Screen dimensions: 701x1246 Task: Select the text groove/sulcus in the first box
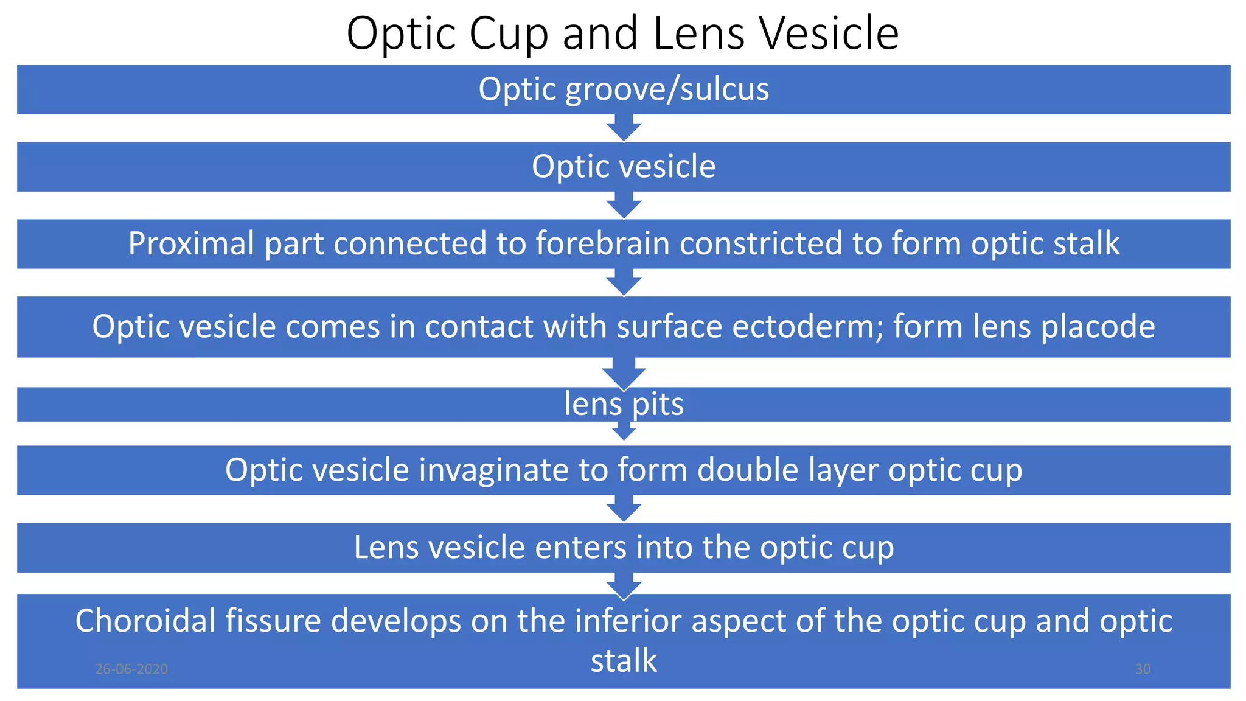click(x=667, y=90)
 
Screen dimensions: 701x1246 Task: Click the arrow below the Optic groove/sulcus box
click(x=624, y=128)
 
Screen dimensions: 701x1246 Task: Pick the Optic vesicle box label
click(x=624, y=167)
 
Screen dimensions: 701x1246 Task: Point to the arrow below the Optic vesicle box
click(x=624, y=206)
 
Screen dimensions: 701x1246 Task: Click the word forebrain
click(x=602, y=244)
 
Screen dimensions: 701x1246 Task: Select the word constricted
click(x=760, y=244)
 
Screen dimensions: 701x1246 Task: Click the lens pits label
click(x=624, y=405)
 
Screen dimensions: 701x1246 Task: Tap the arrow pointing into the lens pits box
click(x=624, y=373)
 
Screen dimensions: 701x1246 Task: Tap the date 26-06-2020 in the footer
click(x=131, y=669)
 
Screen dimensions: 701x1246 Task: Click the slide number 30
click(x=1143, y=669)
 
